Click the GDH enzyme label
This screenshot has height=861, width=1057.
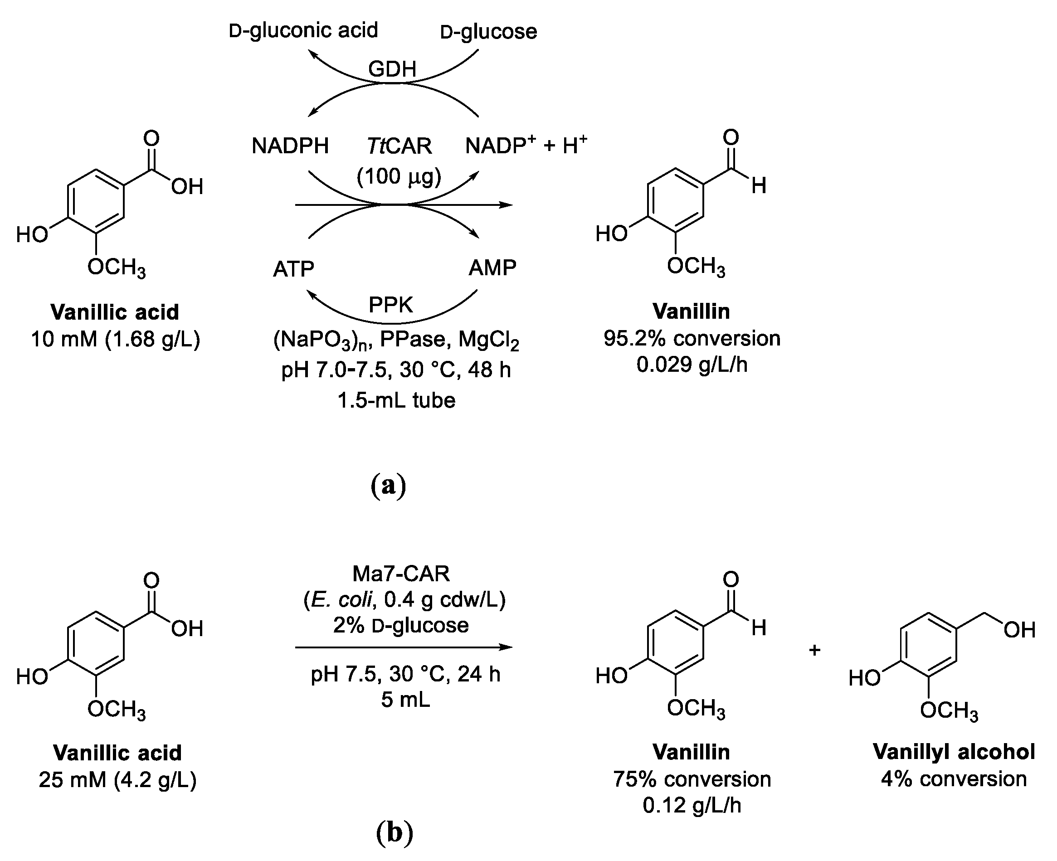(x=392, y=69)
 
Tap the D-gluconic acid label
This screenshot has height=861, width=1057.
(x=303, y=30)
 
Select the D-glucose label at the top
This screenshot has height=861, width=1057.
(x=488, y=32)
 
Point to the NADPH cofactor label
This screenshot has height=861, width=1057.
(x=290, y=146)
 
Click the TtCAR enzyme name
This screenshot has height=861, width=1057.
(x=399, y=146)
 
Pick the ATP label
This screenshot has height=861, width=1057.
(x=294, y=269)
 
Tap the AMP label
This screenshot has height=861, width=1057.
(x=492, y=268)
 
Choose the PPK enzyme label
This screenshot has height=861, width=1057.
(x=391, y=305)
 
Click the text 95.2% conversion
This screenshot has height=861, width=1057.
(x=692, y=338)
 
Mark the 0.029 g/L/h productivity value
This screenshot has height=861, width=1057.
(x=692, y=365)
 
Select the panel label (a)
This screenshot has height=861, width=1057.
(x=388, y=486)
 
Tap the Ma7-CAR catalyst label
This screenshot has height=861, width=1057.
(x=401, y=574)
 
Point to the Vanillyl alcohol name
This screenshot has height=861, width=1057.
(x=954, y=751)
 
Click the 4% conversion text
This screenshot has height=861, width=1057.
(x=954, y=778)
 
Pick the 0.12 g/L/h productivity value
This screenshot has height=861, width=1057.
(x=692, y=805)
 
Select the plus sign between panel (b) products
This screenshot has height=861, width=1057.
(x=815, y=650)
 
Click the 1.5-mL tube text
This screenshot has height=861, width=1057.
(x=396, y=400)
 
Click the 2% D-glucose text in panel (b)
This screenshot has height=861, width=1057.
(x=401, y=625)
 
